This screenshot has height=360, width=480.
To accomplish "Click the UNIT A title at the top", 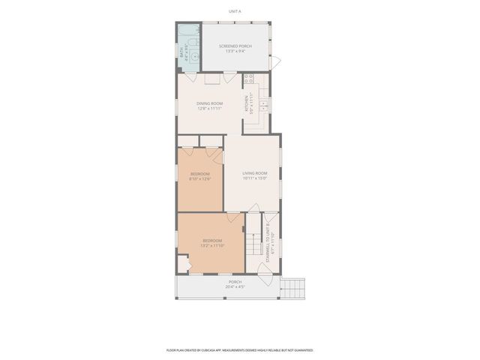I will coord(235,11).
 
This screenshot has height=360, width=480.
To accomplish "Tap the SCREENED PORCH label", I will coord(235,46).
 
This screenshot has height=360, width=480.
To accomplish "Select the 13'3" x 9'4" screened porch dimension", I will coord(235,52).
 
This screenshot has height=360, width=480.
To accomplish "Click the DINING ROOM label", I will coord(209,103).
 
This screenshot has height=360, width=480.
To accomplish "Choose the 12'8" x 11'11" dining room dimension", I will coord(209,108).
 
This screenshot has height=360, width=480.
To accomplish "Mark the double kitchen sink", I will coord(264,106).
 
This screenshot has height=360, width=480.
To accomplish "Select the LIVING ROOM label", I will coord(254,173).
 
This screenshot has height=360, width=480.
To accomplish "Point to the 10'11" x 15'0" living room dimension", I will coord(254,178).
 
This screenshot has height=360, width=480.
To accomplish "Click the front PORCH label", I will coord(235,282).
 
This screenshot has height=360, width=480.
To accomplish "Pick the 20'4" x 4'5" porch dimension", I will coord(235,287).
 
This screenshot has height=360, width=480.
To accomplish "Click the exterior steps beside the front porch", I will coord(294,287).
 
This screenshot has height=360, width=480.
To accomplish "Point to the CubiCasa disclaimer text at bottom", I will coord(239,349).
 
